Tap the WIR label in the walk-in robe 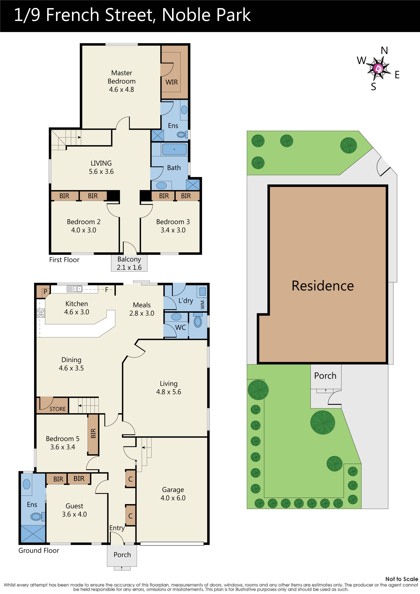(x=172, y=82)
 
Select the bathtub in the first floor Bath (x=174, y=150)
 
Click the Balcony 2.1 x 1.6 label (x=129, y=263)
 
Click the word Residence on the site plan (x=322, y=286)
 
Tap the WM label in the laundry (x=202, y=305)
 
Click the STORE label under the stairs (x=57, y=409)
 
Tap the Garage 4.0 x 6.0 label (x=173, y=494)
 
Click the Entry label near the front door (x=117, y=528)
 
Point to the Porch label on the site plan (x=325, y=376)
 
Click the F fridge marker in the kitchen (x=106, y=290)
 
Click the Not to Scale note (x=401, y=579)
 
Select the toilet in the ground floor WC (x=198, y=322)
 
